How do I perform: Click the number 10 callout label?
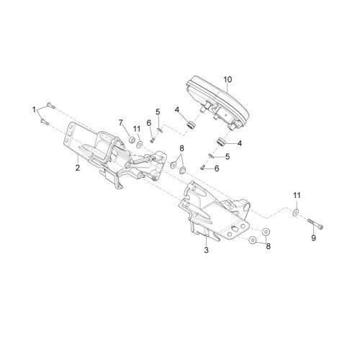click(228, 79)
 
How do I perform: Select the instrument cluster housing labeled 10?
click(217, 102)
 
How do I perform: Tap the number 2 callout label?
click(78, 168)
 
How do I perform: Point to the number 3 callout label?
click(207, 250)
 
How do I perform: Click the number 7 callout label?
click(121, 123)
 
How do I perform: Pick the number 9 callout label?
click(313, 238)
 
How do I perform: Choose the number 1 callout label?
click(34, 110)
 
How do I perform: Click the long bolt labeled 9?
click(315, 223)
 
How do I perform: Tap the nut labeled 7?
click(132, 140)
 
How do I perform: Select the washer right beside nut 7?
click(139, 145)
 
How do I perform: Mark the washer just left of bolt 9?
click(295, 212)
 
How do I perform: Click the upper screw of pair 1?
click(50, 105)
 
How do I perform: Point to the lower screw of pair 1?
click(45, 122)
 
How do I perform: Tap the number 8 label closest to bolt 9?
click(268, 246)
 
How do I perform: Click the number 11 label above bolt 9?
click(297, 195)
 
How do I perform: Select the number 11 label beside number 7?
click(137, 129)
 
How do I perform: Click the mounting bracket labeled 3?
click(215, 211)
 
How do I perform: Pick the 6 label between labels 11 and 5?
click(149, 123)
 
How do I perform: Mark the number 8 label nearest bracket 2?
click(181, 148)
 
